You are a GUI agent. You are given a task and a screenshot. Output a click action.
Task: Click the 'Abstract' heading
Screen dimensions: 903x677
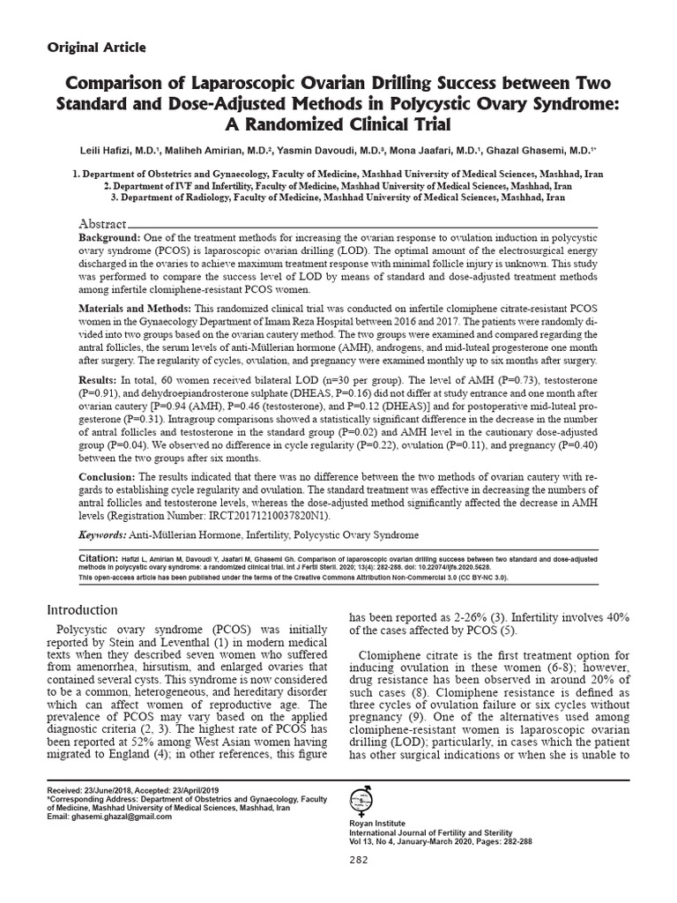click(104, 225)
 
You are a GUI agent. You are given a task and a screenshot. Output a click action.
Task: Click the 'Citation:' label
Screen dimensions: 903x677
click(98, 558)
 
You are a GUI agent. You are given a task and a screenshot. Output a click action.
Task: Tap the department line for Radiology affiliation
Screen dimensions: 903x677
click(338, 198)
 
